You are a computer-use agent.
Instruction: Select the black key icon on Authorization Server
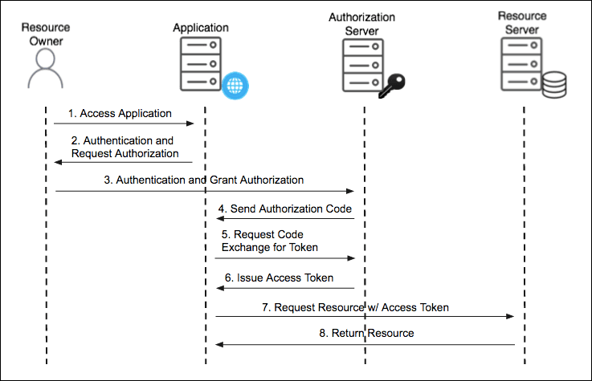coord(394,84)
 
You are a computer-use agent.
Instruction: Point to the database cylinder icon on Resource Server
coord(553,84)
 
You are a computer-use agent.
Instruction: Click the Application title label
coord(201,28)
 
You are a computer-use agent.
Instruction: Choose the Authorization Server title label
coord(361,23)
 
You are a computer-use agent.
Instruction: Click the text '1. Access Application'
coord(120,114)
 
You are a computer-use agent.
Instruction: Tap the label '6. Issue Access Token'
coord(283,278)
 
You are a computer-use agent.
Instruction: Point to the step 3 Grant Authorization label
coord(203,180)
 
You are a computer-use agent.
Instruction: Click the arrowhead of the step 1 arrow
coord(191,124)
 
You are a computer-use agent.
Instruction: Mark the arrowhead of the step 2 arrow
coord(58,162)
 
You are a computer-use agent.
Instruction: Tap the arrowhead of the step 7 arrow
coord(509,317)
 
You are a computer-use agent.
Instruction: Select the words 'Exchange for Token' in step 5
coord(270,248)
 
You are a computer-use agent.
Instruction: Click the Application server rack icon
coord(200,65)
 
